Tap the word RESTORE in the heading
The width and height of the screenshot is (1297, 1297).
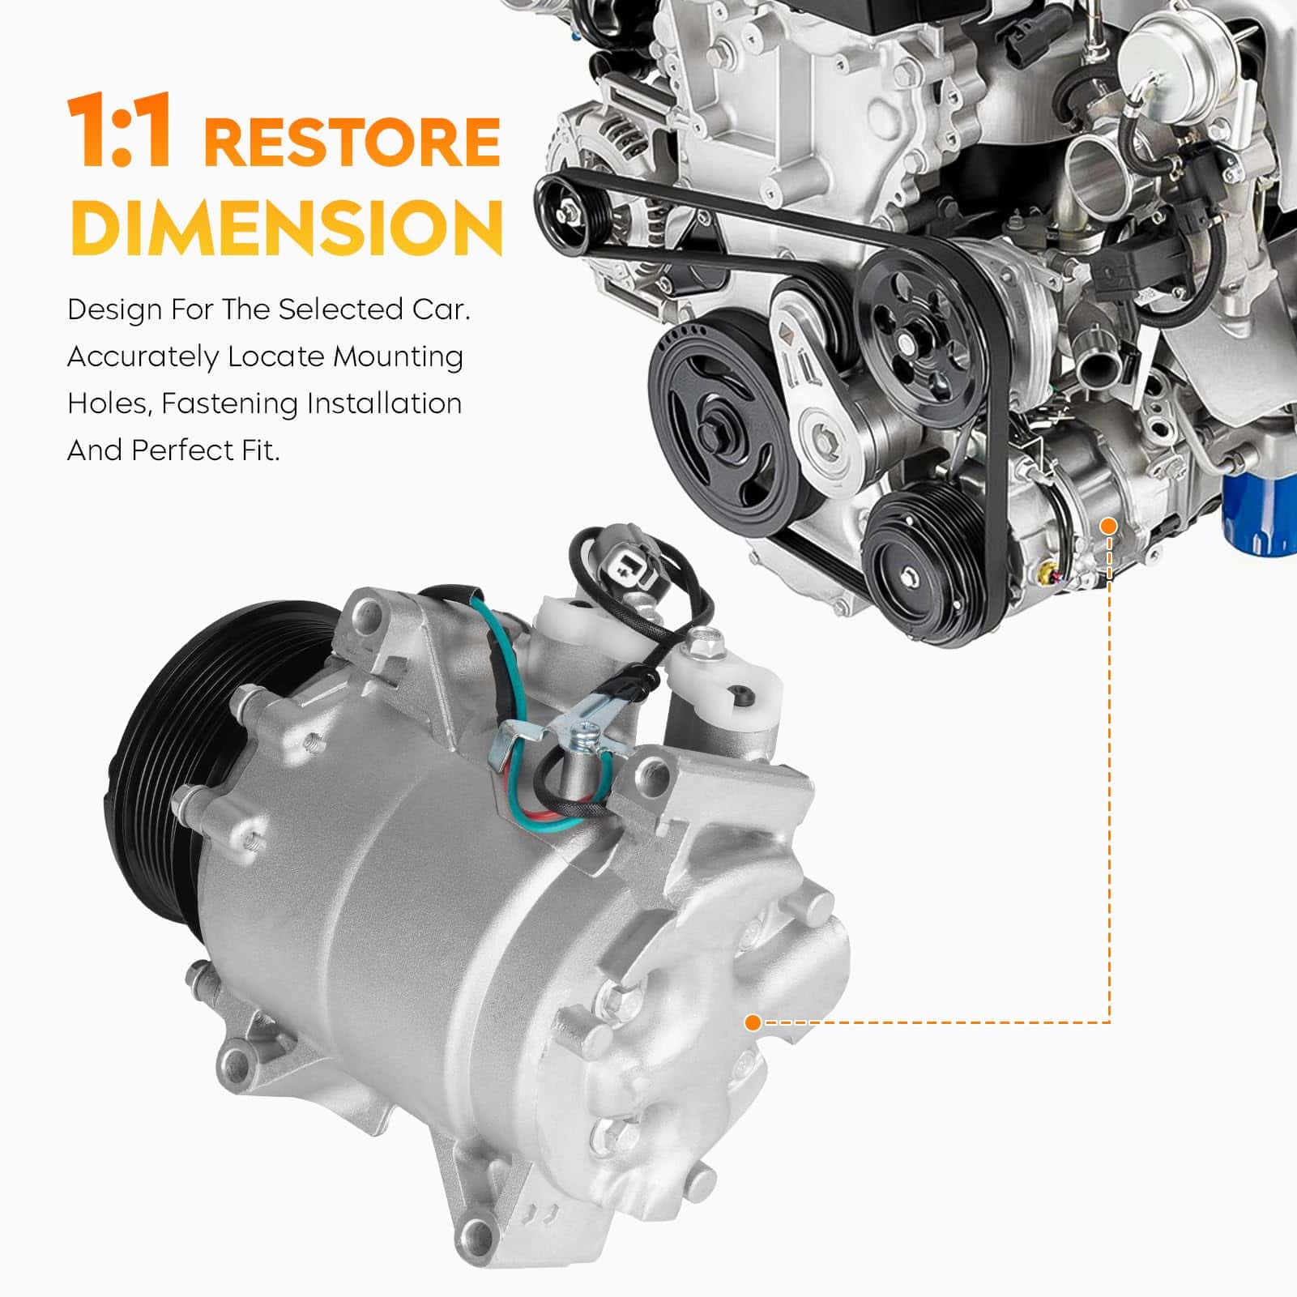(x=352, y=142)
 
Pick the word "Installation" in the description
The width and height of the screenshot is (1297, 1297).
(x=383, y=403)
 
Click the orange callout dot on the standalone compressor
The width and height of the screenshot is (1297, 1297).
(x=753, y=1022)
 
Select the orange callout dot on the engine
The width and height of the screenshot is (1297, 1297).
(x=1109, y=527)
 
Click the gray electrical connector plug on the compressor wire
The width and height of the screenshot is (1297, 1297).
(x=619, y=557)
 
